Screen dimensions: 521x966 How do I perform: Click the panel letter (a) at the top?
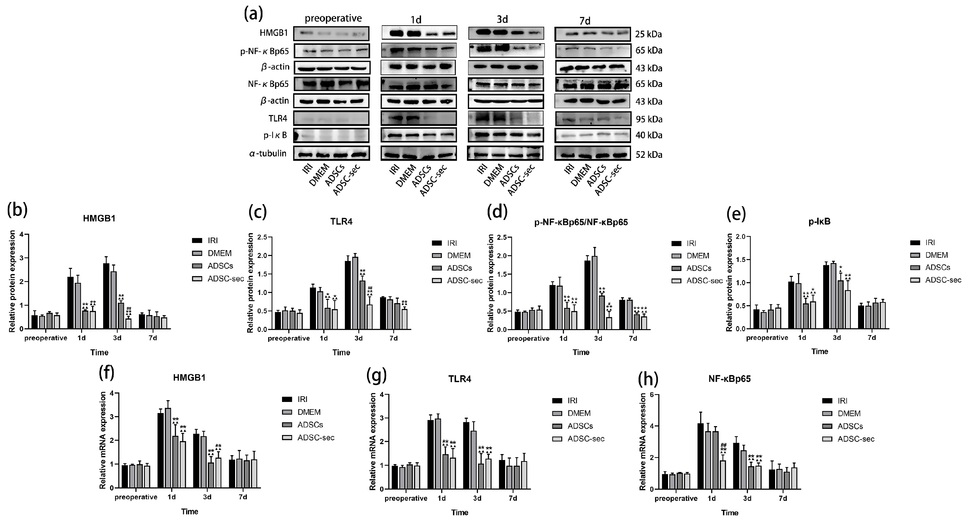[253, 14]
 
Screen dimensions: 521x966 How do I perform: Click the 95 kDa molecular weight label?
[649, 119]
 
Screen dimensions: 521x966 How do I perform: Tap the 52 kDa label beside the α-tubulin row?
[649, 155]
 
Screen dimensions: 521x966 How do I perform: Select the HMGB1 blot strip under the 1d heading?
[419, 33]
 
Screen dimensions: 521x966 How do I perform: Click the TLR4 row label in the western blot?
[278, 118]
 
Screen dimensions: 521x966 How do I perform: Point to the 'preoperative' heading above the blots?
[333, 18]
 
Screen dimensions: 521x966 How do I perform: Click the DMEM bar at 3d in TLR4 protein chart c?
[355, 293]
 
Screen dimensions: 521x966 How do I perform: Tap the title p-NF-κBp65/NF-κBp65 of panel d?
[581, 222]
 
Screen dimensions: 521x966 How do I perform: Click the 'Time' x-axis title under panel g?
[459, 512]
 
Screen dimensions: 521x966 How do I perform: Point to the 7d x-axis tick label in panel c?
[393, 338]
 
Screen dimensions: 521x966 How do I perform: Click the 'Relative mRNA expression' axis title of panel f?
[103, 440]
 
